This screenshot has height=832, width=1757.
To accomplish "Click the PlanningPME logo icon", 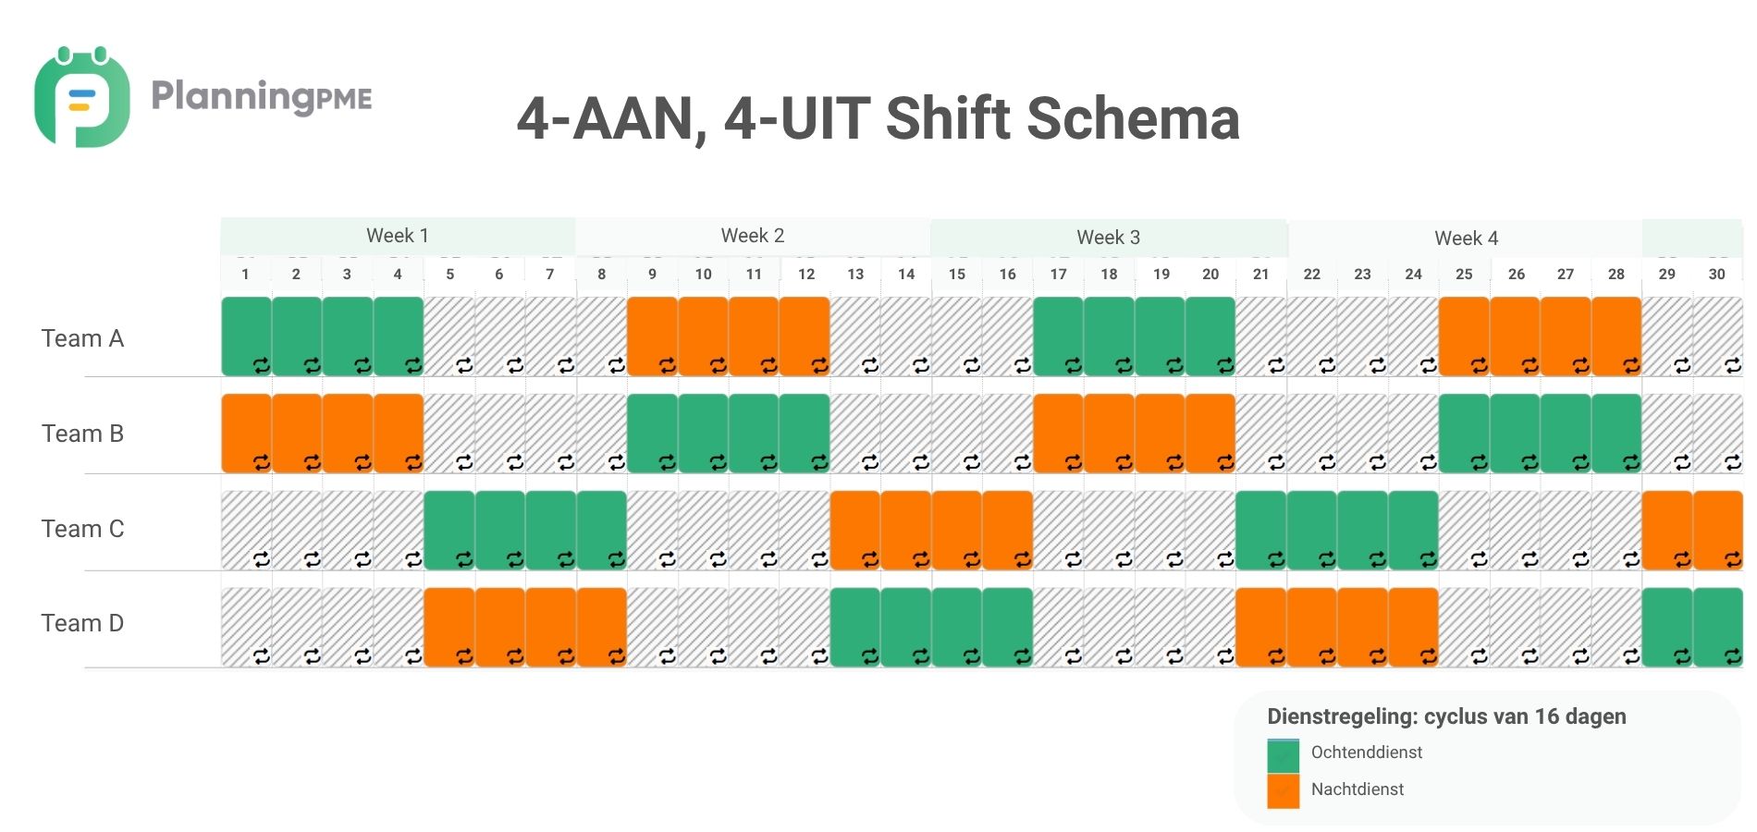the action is (81, 97).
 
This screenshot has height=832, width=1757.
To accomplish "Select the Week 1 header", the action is (398, 236).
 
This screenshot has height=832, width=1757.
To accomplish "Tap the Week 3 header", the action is (1108, 238).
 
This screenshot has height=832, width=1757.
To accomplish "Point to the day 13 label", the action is (855, 274).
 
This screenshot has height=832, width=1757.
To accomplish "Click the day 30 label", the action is (1716, 274).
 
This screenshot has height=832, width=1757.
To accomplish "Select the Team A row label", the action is (82, 338).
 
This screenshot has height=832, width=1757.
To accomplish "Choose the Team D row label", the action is (82, 623).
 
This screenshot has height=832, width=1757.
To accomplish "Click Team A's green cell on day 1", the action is (247, 336).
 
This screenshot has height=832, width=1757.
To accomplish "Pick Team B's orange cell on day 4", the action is (399, 433).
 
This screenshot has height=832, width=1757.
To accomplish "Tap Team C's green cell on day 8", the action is (602, 530).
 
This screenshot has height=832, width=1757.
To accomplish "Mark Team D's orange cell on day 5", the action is (449, 627).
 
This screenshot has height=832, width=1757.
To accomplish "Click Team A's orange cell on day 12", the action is (805, 336).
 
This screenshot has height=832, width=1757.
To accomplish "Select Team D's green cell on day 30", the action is (1718, 627).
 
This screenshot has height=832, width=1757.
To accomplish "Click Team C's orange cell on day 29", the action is (1667, 530).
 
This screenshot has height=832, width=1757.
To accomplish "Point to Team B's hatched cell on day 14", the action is (906, 433).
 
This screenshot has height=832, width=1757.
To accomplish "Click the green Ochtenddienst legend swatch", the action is (1283, 755).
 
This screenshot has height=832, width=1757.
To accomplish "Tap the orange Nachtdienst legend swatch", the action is (1283, 791).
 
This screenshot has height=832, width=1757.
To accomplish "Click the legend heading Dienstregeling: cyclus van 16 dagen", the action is (1446, 716).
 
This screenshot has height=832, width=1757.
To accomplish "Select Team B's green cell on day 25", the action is (1464, 433).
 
